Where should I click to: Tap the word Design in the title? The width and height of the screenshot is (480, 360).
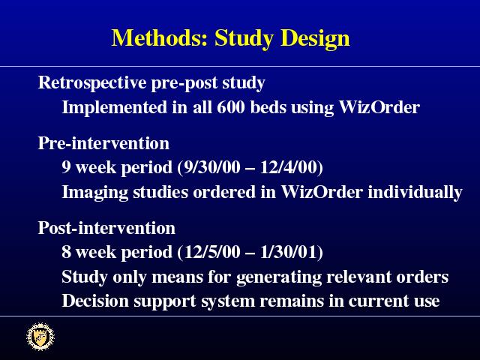pyautogui.click(x=315, y=39)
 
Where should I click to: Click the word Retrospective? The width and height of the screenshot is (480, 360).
pyautogui.click(x=92, y=83)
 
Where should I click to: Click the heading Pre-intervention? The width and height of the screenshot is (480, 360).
pyautogui.click(x=103, y=143)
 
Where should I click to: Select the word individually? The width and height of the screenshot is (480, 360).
pyautogui.click(x=415, y=193)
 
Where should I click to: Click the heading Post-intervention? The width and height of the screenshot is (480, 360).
pyautogui.click(x=106, y=228)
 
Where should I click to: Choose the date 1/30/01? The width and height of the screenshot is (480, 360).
pyautogui.click(x=289, y=252)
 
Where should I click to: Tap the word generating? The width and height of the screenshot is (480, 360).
pyautogui.click(x=279, y=277)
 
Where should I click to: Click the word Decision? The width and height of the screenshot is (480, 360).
pyautogui.click(x=95, y=301)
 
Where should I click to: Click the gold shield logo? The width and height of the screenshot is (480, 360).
pyautogui.click(x=40, y=337)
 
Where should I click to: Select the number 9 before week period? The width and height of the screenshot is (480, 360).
pyautogui.click(x=66, y=167)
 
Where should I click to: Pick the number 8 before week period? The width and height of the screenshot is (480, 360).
pyautogui.click(x=66, y=252)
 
